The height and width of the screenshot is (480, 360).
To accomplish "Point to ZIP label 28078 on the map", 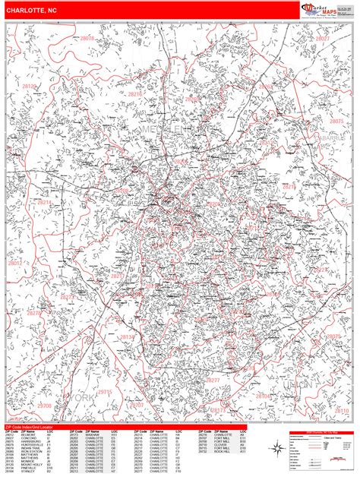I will tap(87, 38).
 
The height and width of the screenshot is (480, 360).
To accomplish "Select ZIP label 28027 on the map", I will tap(323, 36).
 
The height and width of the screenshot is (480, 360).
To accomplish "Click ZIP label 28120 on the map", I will tap(29, 87).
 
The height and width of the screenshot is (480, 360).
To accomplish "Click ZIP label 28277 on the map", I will tap(212, 380).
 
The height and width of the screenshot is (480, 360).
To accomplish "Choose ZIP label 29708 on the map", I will tap(45, 406).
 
